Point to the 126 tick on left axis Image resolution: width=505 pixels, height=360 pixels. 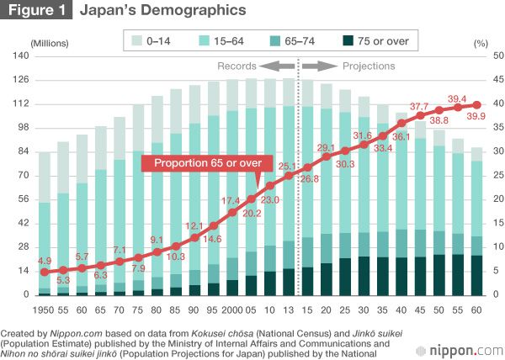[20, 80]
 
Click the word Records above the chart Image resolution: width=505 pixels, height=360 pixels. [236, 66]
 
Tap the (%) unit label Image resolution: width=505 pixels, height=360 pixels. [481, 41]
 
